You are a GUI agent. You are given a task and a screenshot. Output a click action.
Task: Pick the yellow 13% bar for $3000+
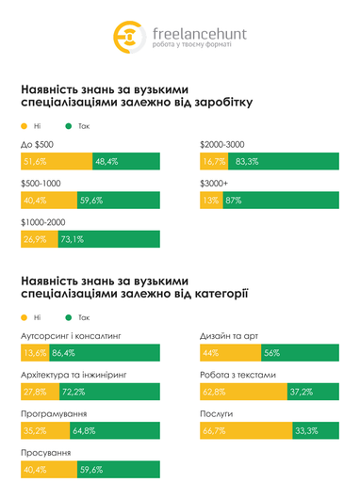(210, 201)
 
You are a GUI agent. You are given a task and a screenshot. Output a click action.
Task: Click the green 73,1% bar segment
(107, 239)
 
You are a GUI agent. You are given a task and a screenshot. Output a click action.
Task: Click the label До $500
(35, 144)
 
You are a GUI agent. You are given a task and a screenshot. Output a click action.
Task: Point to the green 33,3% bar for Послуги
(319, 431)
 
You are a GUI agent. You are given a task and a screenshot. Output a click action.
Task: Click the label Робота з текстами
(237, 375)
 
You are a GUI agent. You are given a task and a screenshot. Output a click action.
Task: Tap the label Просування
(43, 453)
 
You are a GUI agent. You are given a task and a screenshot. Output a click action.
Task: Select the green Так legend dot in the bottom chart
(68, 317)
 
